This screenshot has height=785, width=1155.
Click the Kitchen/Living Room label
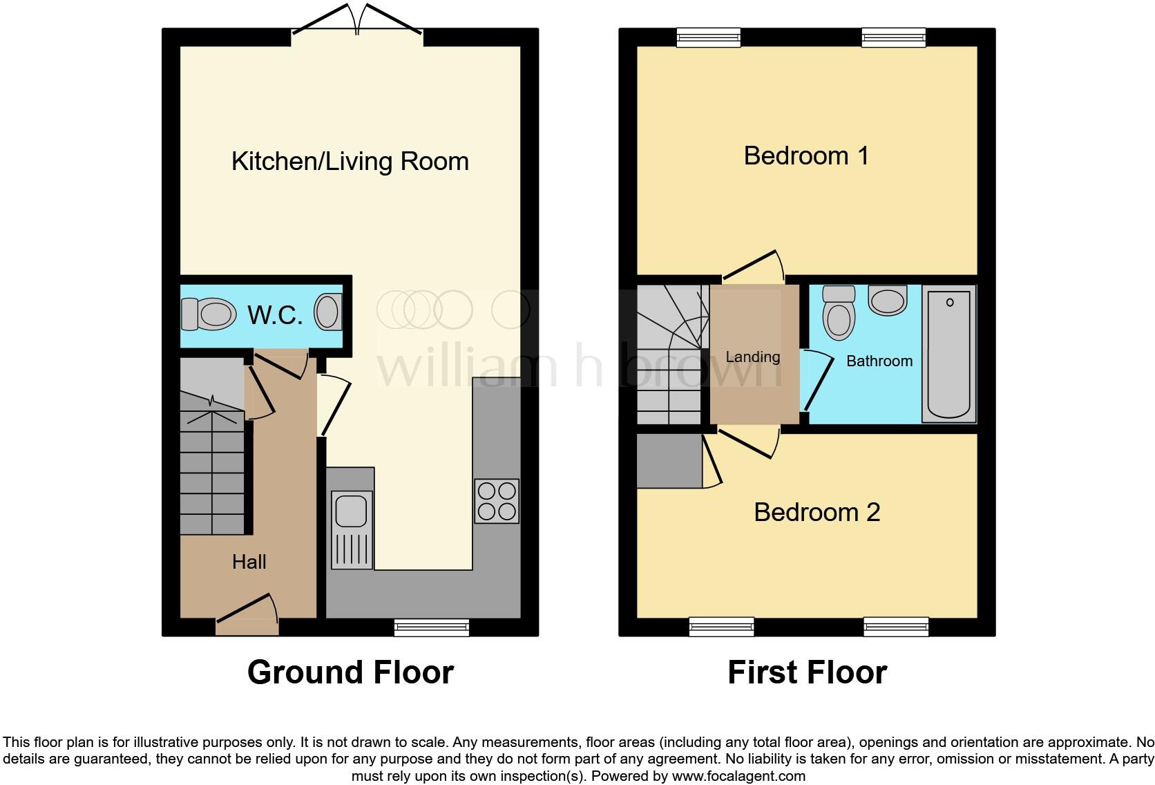point(350,162)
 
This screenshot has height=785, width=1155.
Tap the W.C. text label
point(275,315)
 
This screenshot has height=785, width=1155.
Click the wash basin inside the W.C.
point(329,312)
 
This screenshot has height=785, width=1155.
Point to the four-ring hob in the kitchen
point(497,501)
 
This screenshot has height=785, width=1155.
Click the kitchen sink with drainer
point(352,528)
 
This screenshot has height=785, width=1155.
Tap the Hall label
point(249,562)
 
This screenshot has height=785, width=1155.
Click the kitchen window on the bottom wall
point(432,627)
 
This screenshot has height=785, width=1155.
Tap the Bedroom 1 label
point(805,156)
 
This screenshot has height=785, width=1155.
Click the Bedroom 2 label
point(817,513)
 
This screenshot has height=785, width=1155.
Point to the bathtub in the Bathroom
point(949,354)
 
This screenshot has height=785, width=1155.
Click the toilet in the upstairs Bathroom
point(839,314)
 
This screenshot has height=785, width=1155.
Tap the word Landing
point(752,357)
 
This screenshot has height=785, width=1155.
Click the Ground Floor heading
point(350,672)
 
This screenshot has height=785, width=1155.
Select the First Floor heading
point(807,672)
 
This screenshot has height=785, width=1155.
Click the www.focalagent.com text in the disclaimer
point(738,776)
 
